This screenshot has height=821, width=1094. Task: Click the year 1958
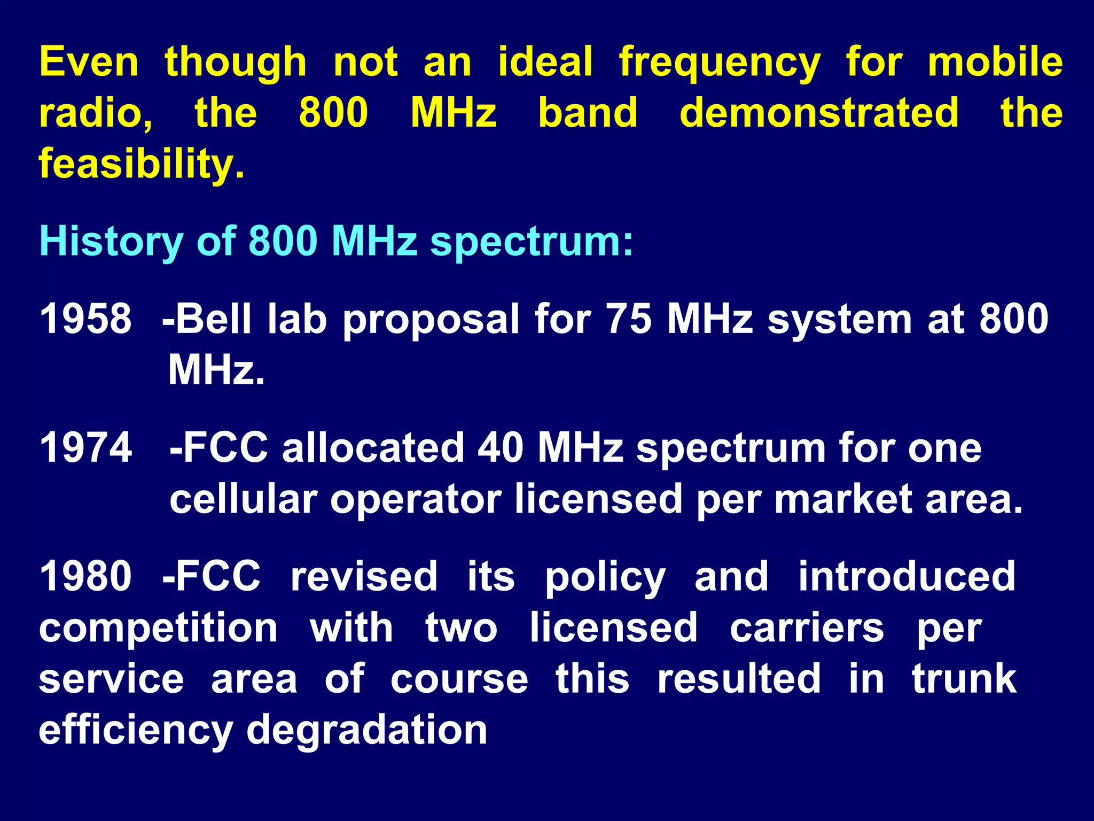tap(85, 319)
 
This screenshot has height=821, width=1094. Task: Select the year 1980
tap(85, 576)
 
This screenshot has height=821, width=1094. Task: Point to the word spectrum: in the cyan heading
tap(532, 242)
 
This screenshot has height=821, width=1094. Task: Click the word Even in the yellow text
tap(89, 62)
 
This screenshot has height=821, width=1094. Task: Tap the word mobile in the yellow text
tap(995, 62)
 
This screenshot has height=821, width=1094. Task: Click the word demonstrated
tap(819, 113)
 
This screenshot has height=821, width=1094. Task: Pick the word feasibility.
tap(142, 164)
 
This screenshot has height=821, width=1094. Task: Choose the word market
tap(843, 499)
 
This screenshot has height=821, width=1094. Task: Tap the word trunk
tap(964, 679)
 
